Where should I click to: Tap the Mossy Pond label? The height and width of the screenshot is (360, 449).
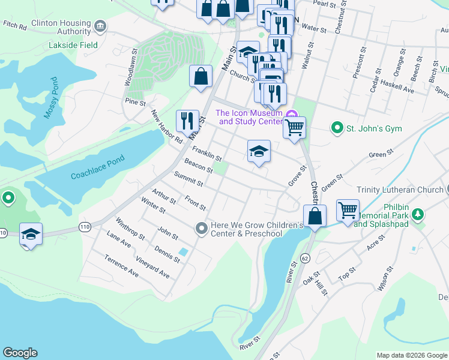point(51,99)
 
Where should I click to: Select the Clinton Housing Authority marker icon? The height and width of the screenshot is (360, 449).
point(100,26)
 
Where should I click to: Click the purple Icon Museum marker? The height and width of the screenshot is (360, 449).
point(292,115)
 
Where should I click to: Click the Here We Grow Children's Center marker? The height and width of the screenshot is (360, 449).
point(202,228)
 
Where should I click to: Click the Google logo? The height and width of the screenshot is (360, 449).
point(20,353)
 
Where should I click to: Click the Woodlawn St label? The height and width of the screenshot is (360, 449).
point(130,71)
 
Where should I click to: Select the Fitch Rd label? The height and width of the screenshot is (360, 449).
point(15,26)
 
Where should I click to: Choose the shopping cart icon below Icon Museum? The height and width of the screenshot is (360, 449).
point(294,127)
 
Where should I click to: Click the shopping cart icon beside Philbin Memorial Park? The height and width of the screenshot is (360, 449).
point(348,210)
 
